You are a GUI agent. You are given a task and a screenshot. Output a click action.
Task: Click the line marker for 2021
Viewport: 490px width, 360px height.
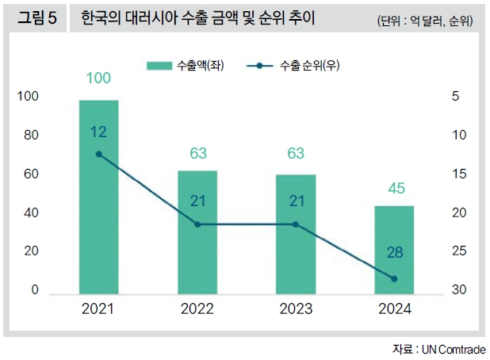coord(98,154)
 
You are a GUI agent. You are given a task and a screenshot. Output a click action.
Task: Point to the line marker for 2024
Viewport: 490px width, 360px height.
coord(394,278)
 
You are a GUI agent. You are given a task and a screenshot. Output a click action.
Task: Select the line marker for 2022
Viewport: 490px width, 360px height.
coord(197,224)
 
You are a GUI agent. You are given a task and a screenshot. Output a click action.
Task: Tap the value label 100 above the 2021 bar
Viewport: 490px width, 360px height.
coord(98,78)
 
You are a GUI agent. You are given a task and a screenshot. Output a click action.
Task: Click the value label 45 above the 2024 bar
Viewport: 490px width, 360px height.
coord(394,189)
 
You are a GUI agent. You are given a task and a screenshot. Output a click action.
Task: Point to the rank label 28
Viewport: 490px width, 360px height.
coord(394,253)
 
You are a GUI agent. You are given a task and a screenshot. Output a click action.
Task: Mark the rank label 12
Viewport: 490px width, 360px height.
coord(98,132)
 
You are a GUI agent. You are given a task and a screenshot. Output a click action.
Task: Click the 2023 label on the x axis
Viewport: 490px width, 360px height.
coord(296,309)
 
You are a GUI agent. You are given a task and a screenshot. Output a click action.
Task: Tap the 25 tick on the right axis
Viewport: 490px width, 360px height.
coord(457,251)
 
